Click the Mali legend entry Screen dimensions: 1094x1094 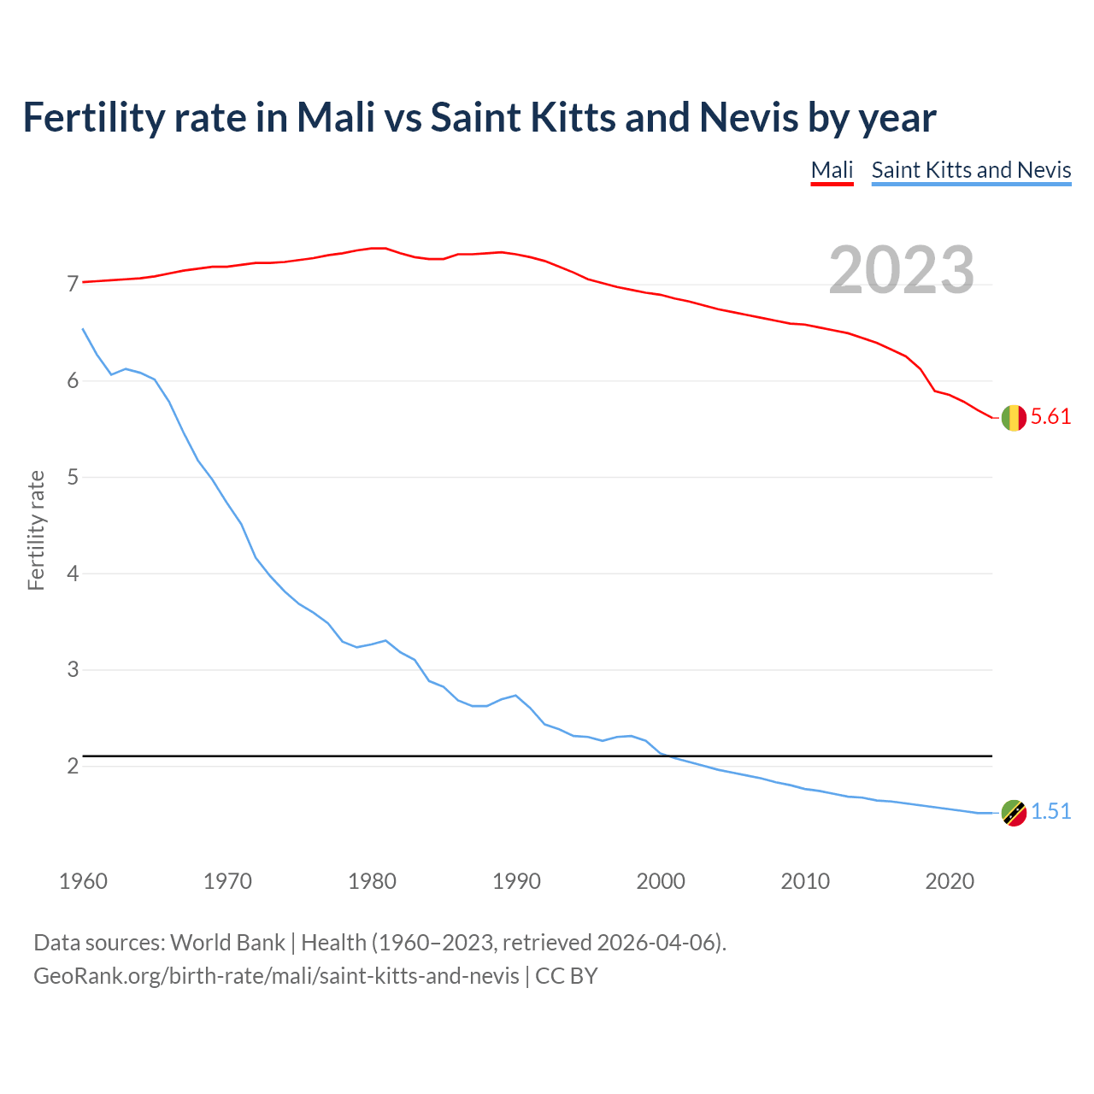tap(832, 170)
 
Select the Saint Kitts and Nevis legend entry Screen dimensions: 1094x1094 tap(971, 170)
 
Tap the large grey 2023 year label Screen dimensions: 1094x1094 tap(902, 270)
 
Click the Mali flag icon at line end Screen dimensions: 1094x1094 tap(1013, 418)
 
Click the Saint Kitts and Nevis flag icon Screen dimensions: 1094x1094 tap(1013, 813)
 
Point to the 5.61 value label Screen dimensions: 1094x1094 tap(1050, 417)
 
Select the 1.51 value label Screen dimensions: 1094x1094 tap(1050, 812)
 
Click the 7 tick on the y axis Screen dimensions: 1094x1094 tap(73, 284)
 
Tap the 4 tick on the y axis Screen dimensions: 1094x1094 tap(73, 573)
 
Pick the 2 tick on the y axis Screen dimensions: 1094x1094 tap(73, 767)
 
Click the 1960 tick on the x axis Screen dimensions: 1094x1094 tap(83, 881)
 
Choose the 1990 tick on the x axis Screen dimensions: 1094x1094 tap(516, 881)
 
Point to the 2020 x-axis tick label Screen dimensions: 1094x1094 tap(950, 881)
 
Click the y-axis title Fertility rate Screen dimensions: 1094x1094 tap(36, 530)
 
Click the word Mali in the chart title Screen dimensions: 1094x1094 tap(336, 118)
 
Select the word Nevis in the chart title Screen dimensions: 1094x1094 tap(749, 118)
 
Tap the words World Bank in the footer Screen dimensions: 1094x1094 tap(227, 943)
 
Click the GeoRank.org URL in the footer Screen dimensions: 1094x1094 tap(276, 976)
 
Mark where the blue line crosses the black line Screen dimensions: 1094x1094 tap(668, 756)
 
